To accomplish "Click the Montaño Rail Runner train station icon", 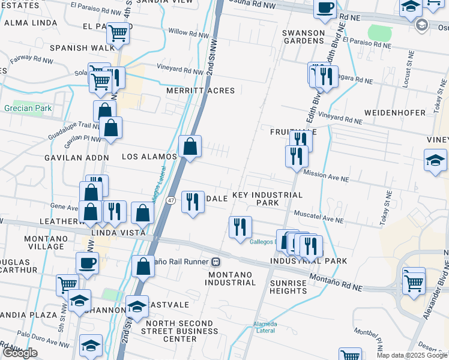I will tap(215, 262).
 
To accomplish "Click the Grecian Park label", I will tap(28, 109).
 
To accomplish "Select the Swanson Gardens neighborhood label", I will tap(304, 36).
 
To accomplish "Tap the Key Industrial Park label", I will tap(267, 199).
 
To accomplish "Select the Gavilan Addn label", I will tap(76, 158).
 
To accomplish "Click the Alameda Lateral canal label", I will tap(265, 327).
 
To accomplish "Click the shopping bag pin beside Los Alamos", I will tap(190, 146).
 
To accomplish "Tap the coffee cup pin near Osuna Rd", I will tap(325, 8).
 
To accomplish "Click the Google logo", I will tap(20, 353).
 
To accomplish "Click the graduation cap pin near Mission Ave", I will tap(435, 160).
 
